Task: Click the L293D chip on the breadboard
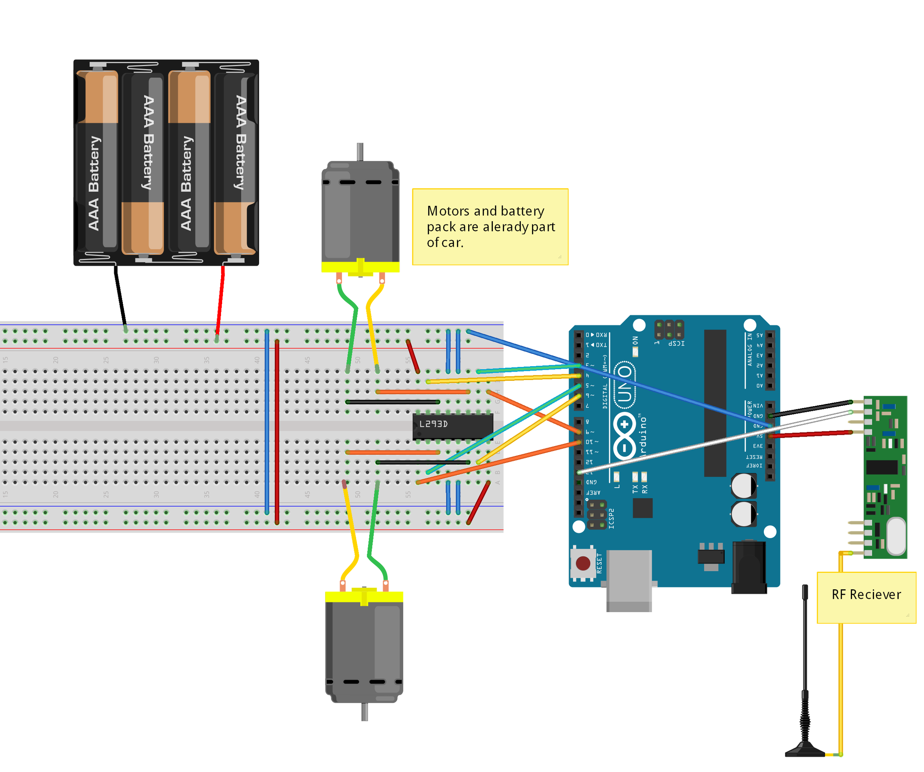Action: (x=452, y=426)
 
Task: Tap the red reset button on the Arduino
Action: (x=583, y=563)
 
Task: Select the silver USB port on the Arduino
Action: (x=629, y=579)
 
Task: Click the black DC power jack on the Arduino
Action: (x=749, y=568)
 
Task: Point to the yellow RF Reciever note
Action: (x=866, y=597)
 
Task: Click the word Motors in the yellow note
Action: (x=448, y=211)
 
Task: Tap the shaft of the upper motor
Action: (x=360, y=151)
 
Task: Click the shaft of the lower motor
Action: (x=364, y=711)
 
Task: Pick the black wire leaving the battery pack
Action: (x=120, y=295)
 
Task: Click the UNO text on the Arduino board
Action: (x=625, y=383)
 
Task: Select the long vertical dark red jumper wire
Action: (x=277, y=432)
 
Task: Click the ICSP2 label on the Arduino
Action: (x=611, y=518)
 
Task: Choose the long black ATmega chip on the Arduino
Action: (x=715, y=403)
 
